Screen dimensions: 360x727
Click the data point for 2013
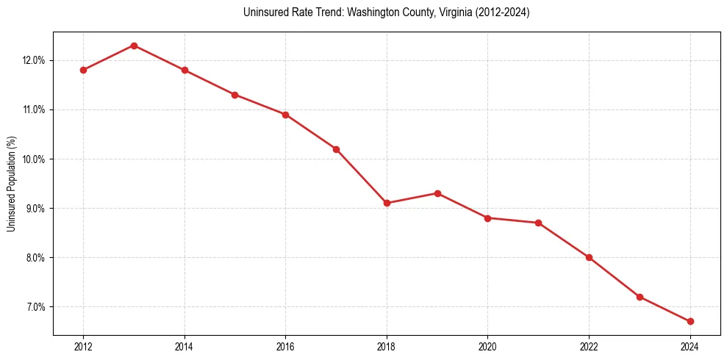134,46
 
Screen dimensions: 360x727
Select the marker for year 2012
83,70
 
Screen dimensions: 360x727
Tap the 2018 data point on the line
387,203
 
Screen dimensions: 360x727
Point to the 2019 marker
437,193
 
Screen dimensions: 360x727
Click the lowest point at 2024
690,321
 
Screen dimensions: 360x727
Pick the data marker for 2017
336,149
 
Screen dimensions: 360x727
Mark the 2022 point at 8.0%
589,257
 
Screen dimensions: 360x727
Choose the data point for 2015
234,95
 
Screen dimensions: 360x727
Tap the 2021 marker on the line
539,223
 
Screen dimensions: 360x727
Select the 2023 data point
640,297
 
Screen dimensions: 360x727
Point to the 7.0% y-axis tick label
34,306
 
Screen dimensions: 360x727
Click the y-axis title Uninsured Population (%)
11,184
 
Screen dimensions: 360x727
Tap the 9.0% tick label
34,208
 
